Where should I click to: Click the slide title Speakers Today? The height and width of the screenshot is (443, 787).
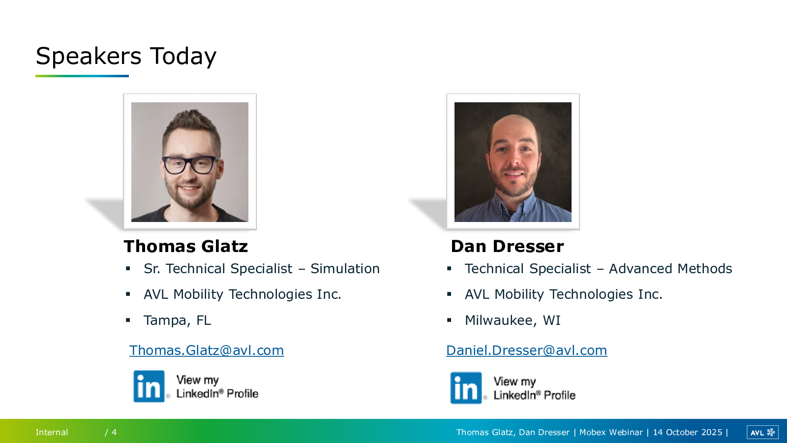[x=126, y=56]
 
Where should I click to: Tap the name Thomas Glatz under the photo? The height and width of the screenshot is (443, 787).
[x=186, y=246]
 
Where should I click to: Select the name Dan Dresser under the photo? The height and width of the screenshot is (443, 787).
[x=507, y=246]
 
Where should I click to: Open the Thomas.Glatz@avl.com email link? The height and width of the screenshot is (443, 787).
[x=207, y=350]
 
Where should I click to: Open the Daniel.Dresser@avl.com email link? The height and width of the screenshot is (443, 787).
[x=527, y=350]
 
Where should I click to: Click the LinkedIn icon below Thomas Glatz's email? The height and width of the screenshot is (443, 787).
[x=149, y=386]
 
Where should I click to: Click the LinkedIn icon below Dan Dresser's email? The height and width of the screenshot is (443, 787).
[x=466, y=388]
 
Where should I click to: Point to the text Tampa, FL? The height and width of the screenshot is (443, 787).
[x=177, y=320]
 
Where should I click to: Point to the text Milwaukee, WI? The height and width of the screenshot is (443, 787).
[x=513, y=320]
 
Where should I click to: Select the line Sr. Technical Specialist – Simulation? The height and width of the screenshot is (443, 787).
[x=262, y=269]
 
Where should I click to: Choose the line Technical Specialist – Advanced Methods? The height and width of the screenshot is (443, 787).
[x=598, y=269]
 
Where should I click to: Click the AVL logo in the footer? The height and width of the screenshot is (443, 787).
[x=762, y=433]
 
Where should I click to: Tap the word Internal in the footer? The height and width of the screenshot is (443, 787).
[x=52, y=432]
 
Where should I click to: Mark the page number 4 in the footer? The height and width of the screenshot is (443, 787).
[x=114, y=432]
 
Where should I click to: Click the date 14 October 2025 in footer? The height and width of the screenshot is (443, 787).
[x=688, y=432]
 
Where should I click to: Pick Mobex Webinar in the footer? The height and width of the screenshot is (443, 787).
[x=611, y=432]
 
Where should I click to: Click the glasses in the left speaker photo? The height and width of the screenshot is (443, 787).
[x=190, y=165]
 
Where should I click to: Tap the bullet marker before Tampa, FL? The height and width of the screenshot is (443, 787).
[x=128, y=320]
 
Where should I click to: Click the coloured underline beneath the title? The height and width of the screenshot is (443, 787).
[x=82, y=76]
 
